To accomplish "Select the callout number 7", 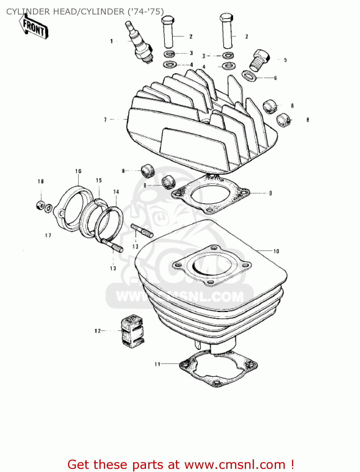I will click(105, 120).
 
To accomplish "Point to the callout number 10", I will click(276, 251).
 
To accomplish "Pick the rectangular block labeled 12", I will click(132, 331).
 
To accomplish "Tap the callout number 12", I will click(98, 331).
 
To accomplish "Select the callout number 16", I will click(78, 171).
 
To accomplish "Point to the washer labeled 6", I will click(250, 76).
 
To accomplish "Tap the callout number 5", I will click(285, 60).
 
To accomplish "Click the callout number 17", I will click(48, 235).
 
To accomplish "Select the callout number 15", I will click(99, 180).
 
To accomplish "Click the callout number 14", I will click(116, 192).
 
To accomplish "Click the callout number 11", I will click(157, 364).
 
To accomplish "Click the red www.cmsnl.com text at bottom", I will click(234, 464).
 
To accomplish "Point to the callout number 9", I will click(270, 193).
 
